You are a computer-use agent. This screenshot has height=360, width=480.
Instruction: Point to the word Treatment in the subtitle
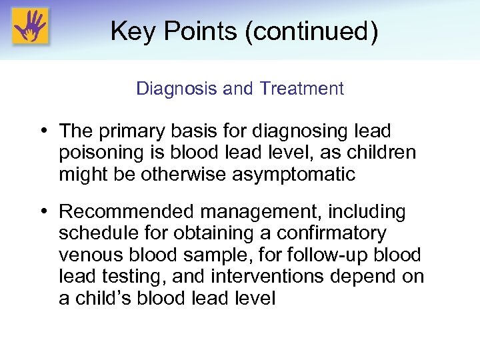click(x=302, y=89)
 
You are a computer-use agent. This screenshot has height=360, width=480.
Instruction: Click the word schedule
click(x=100, y=233)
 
